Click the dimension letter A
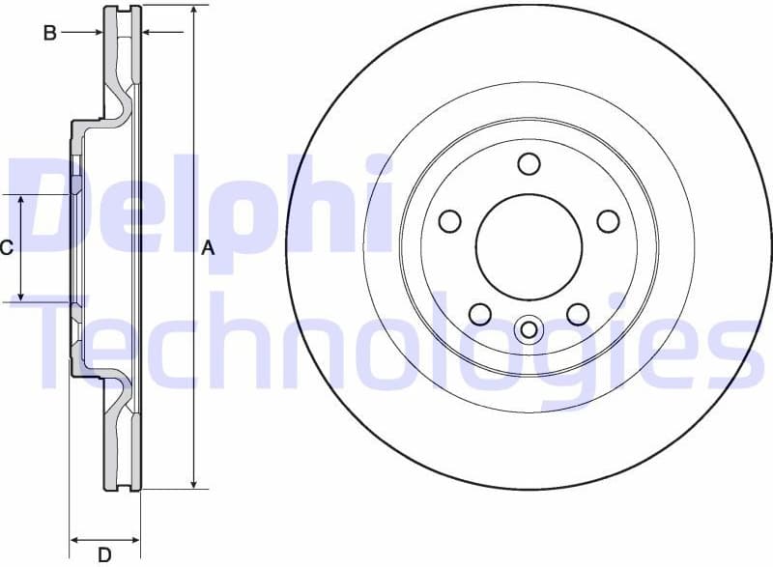pyautogui.click(x=206, y=248)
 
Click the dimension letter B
pyautogui.click(x=49, y=33)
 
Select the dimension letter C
pyautogui.click(x=6, y=248)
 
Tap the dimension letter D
pyautogui.click(x=104, y=553)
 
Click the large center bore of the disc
pyautogui.click(x=529, y=246)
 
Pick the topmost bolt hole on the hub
pyautogui.click(x=529, y=163)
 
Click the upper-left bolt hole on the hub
pyautogui.click(x=450, y=221)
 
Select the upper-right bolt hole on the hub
pyautogui.click(x=608, y=221)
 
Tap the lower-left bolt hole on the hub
pyautogui.click(x=479, y=313)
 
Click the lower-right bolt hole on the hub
pyautogui.click(x=578, y=313)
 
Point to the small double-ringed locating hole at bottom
pyautogui.click(x=529, y=330)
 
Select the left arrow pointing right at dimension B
pyautogui.click(x=96, y=33)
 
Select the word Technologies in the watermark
pyautogui.click(x=386, y=343)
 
